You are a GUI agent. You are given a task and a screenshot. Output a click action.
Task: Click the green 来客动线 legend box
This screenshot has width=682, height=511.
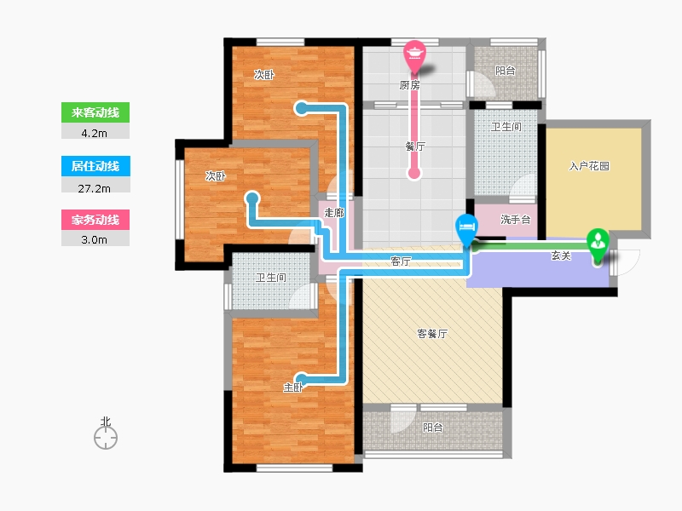tap(95, 112)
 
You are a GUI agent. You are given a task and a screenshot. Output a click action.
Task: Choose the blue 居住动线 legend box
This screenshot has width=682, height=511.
tap(95, 166)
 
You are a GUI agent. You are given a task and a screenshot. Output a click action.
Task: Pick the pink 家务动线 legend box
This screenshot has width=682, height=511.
tap(95, 220)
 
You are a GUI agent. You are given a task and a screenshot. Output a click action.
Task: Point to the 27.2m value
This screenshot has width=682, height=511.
tap(95, 188)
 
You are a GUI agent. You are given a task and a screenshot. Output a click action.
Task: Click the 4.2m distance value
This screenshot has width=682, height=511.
tap(95, 134)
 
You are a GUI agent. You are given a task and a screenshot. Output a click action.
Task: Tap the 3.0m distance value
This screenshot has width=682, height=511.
tap(95, 240)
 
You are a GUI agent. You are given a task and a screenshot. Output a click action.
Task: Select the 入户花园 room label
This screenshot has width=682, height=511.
tap(589, 166)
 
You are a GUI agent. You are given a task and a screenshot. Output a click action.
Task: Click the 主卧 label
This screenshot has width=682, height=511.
tap(292, 388)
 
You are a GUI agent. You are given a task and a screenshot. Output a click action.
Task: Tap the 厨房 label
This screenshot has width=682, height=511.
tap(410, 86)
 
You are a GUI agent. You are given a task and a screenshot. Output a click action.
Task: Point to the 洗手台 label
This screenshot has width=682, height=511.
tap(516, 220)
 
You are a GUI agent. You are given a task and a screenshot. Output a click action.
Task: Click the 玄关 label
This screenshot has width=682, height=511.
tap(561, 256)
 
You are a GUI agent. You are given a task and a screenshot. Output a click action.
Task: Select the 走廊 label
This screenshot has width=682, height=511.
tap(334, 213)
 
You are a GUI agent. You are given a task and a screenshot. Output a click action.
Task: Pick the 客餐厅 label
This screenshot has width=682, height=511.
tap(432, 334)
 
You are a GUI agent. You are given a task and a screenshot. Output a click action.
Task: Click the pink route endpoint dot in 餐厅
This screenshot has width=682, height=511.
tap(414, 173)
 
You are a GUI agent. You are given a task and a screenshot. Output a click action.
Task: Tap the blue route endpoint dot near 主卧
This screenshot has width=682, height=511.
tap(301, 379)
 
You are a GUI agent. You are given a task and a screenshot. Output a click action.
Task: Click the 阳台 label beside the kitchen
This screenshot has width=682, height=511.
tap(506, 71)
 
